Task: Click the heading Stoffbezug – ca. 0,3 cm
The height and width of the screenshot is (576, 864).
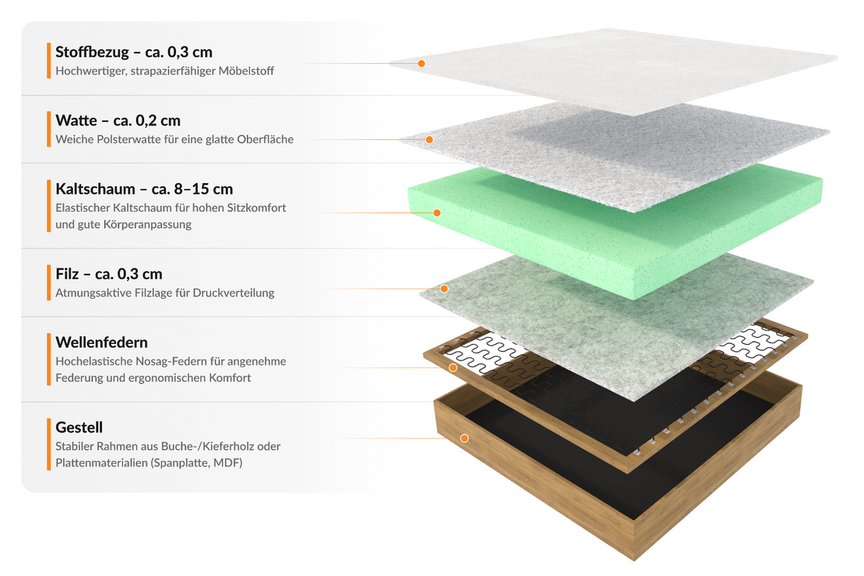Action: click(134, 52)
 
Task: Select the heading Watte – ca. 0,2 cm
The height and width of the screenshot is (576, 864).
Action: click(118, 120)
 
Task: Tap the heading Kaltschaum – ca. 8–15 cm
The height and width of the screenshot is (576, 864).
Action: click(144, 188)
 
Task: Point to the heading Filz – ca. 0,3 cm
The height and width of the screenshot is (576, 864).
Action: click(109, 274)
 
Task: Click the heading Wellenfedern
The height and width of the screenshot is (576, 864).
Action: click(101, 342)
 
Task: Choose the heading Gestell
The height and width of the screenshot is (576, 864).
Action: click(79, 427)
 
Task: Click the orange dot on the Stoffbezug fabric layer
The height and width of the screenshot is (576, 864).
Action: click(421, 63)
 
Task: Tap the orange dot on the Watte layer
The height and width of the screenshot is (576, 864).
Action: click(429, 139)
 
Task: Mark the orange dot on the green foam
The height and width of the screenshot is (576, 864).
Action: click(437, 212)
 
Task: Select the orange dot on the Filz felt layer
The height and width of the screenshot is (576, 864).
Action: click(444, 289)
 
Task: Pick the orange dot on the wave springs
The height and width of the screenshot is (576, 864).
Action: click(453, 367)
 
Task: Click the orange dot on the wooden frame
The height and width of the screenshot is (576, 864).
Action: click(465, 438)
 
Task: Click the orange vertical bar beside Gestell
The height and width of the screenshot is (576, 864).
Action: click(49, 444)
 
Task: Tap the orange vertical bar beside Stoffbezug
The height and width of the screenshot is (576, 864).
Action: click(49, 61)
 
